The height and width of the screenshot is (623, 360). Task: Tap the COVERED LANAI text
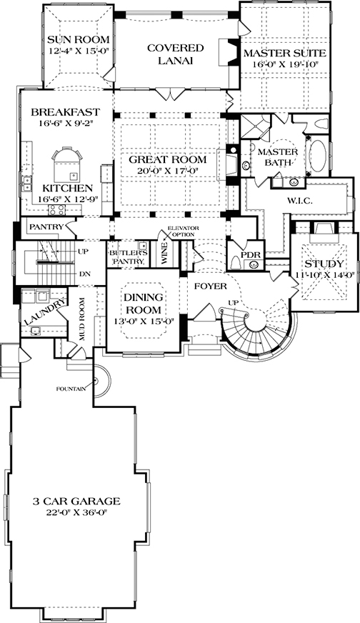(x=175, y=55)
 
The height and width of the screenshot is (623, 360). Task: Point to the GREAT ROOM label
(x=168, y=159)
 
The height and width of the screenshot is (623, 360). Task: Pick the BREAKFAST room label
(x=64, y=113)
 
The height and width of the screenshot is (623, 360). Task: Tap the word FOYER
(x=206, y=286)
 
